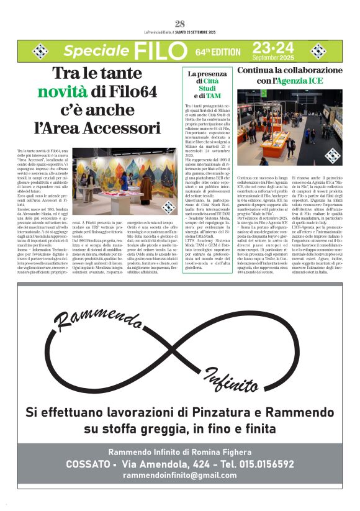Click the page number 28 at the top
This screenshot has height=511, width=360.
click(180, 24)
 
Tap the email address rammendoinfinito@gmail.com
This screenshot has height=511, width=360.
click(180, 475)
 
